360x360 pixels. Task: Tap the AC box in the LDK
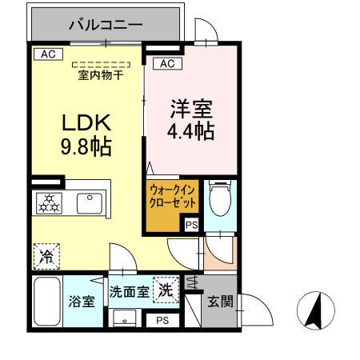47,55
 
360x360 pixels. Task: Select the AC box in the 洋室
167,64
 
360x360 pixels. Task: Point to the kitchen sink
90,202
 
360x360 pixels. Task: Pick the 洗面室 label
128,291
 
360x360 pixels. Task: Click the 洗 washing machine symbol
166,289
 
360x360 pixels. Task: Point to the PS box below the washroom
162,320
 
